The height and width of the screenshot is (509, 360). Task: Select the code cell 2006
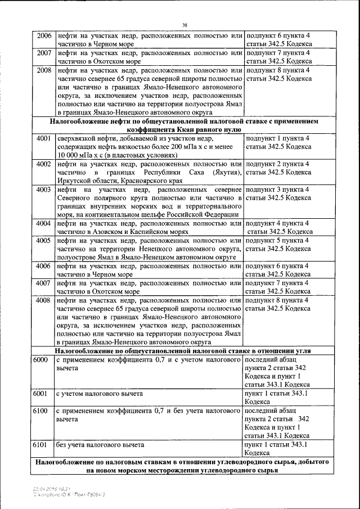(x=44, y=36)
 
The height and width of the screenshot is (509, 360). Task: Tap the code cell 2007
(x=44, y=53)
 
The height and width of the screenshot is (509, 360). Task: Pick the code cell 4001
(x=44, y=138)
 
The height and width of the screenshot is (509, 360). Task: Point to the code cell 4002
(x=44, y=164)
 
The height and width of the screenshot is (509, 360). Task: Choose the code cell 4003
(x=44, y=190)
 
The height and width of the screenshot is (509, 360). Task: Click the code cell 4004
(x=44, y=223)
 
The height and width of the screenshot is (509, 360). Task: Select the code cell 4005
(x=44, y=240)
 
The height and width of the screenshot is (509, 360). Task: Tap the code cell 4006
(x=44, y=265)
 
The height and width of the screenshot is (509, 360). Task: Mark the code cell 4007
(x=44, y=283)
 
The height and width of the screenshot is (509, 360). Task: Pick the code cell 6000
(x=40, y=359)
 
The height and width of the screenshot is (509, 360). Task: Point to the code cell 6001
(x=40, y=394)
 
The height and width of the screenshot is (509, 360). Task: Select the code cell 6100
(x=40, y=411)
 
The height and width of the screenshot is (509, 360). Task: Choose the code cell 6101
(x=40, y=444)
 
